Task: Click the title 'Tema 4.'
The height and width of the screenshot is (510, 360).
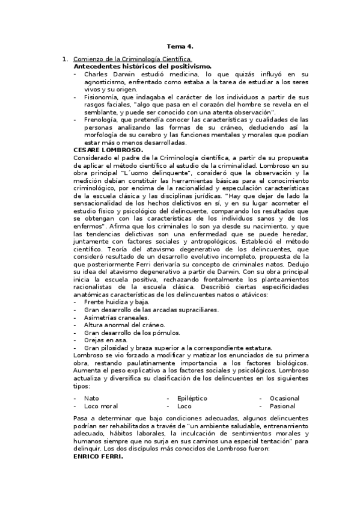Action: pyautogui.click(x=180, y=46)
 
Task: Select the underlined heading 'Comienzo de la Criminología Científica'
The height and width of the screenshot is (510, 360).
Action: pyautogui.click(x=132, y=59)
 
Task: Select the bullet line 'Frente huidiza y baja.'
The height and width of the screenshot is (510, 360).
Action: pyautogui.click(x=117, y=302)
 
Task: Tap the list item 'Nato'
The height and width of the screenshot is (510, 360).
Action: pyautogui.click(x=91, y=398)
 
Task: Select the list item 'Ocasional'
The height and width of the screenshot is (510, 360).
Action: pyautogui.click(x=284, y=398)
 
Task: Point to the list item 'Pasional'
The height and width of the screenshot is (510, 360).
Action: pyautogui.click(x=283, y=406)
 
